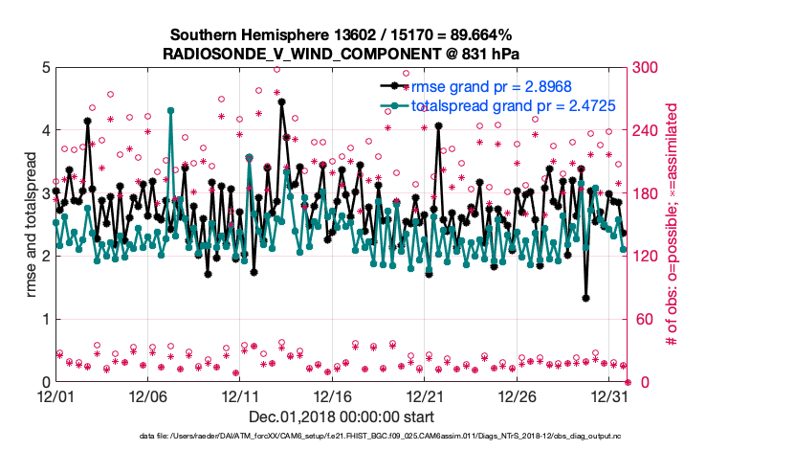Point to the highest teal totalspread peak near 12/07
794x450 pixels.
point(170,110)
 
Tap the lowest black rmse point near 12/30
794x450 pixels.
point(585,299)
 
